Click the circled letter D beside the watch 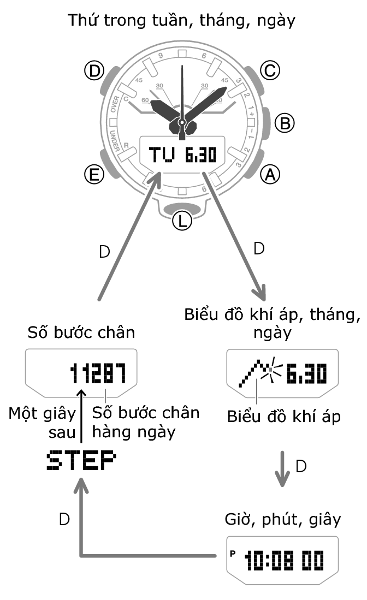(x=93, y=70)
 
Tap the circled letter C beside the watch (x=269, y=70)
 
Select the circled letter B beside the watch (x=284, y=123)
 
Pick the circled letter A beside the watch (x=269, y=174)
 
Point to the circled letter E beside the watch (x=93, y=174)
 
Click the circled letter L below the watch (x=182, y=220)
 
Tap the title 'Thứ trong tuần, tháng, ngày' (x=182, y=21)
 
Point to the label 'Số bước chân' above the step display (x=80, y=332)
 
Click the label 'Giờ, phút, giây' (x=283, y=519)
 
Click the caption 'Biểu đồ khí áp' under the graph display (x=284, y=417)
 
